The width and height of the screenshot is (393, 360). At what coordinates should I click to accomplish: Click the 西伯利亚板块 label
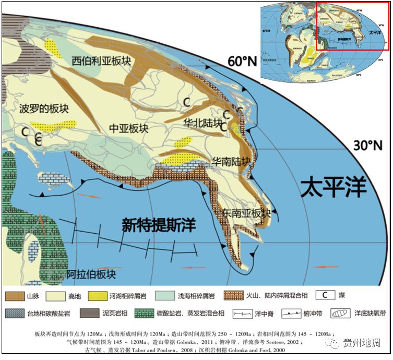coord(101,62)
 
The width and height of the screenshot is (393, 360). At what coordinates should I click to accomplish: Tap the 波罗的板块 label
coord(44,110)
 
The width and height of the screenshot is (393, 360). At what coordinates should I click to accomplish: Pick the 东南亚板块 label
coord(245,213)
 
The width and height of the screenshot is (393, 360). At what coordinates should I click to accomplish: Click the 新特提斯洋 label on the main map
coord(158,225)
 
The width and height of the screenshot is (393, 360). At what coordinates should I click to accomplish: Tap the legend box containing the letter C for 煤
coord(327,295)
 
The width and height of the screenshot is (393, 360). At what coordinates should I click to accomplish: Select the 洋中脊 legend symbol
coord(242,314)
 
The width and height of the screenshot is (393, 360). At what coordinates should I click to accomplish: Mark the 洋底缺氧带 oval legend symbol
coord(341,314)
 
